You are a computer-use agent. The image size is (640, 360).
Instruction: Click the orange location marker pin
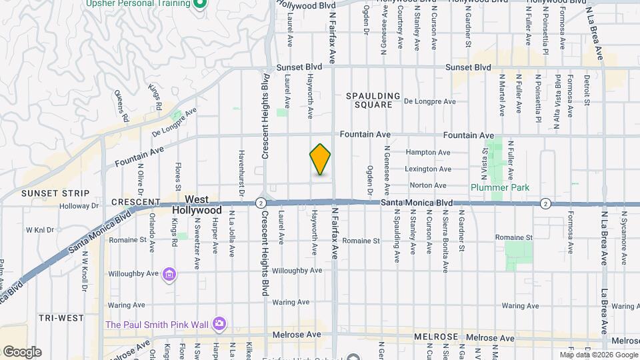[321, 160]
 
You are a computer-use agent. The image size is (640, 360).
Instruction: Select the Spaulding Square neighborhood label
[373, 100]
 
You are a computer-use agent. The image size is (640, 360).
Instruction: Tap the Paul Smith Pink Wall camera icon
[219, 324]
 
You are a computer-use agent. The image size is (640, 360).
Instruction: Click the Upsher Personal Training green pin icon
[199, 3]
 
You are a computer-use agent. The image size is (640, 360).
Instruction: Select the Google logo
[21, 351]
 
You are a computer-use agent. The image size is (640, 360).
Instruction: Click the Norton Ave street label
[427, 185]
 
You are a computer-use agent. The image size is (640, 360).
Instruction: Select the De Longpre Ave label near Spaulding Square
[429, 101]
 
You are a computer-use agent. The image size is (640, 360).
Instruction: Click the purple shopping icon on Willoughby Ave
[169, 275]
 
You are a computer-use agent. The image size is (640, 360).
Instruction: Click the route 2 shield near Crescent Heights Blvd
[261, 202]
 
